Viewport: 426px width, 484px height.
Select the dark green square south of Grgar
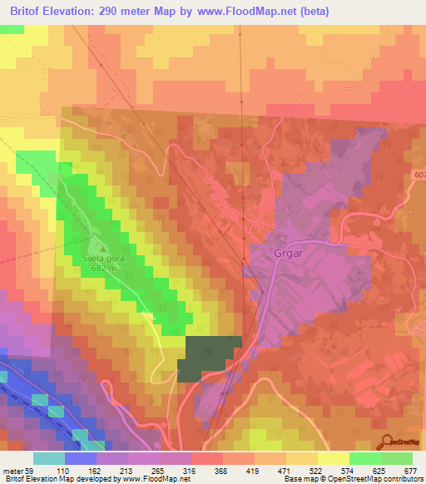[x=209, y=358]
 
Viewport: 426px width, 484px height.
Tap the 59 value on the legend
[x=29, y=470]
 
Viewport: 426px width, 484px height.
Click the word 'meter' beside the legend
[x=12, y=470]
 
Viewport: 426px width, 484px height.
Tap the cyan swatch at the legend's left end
[x=49, y=458]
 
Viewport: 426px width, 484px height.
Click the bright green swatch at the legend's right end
[x=397, y=458]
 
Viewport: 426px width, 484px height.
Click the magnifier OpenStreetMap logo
[x=398, y=443]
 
